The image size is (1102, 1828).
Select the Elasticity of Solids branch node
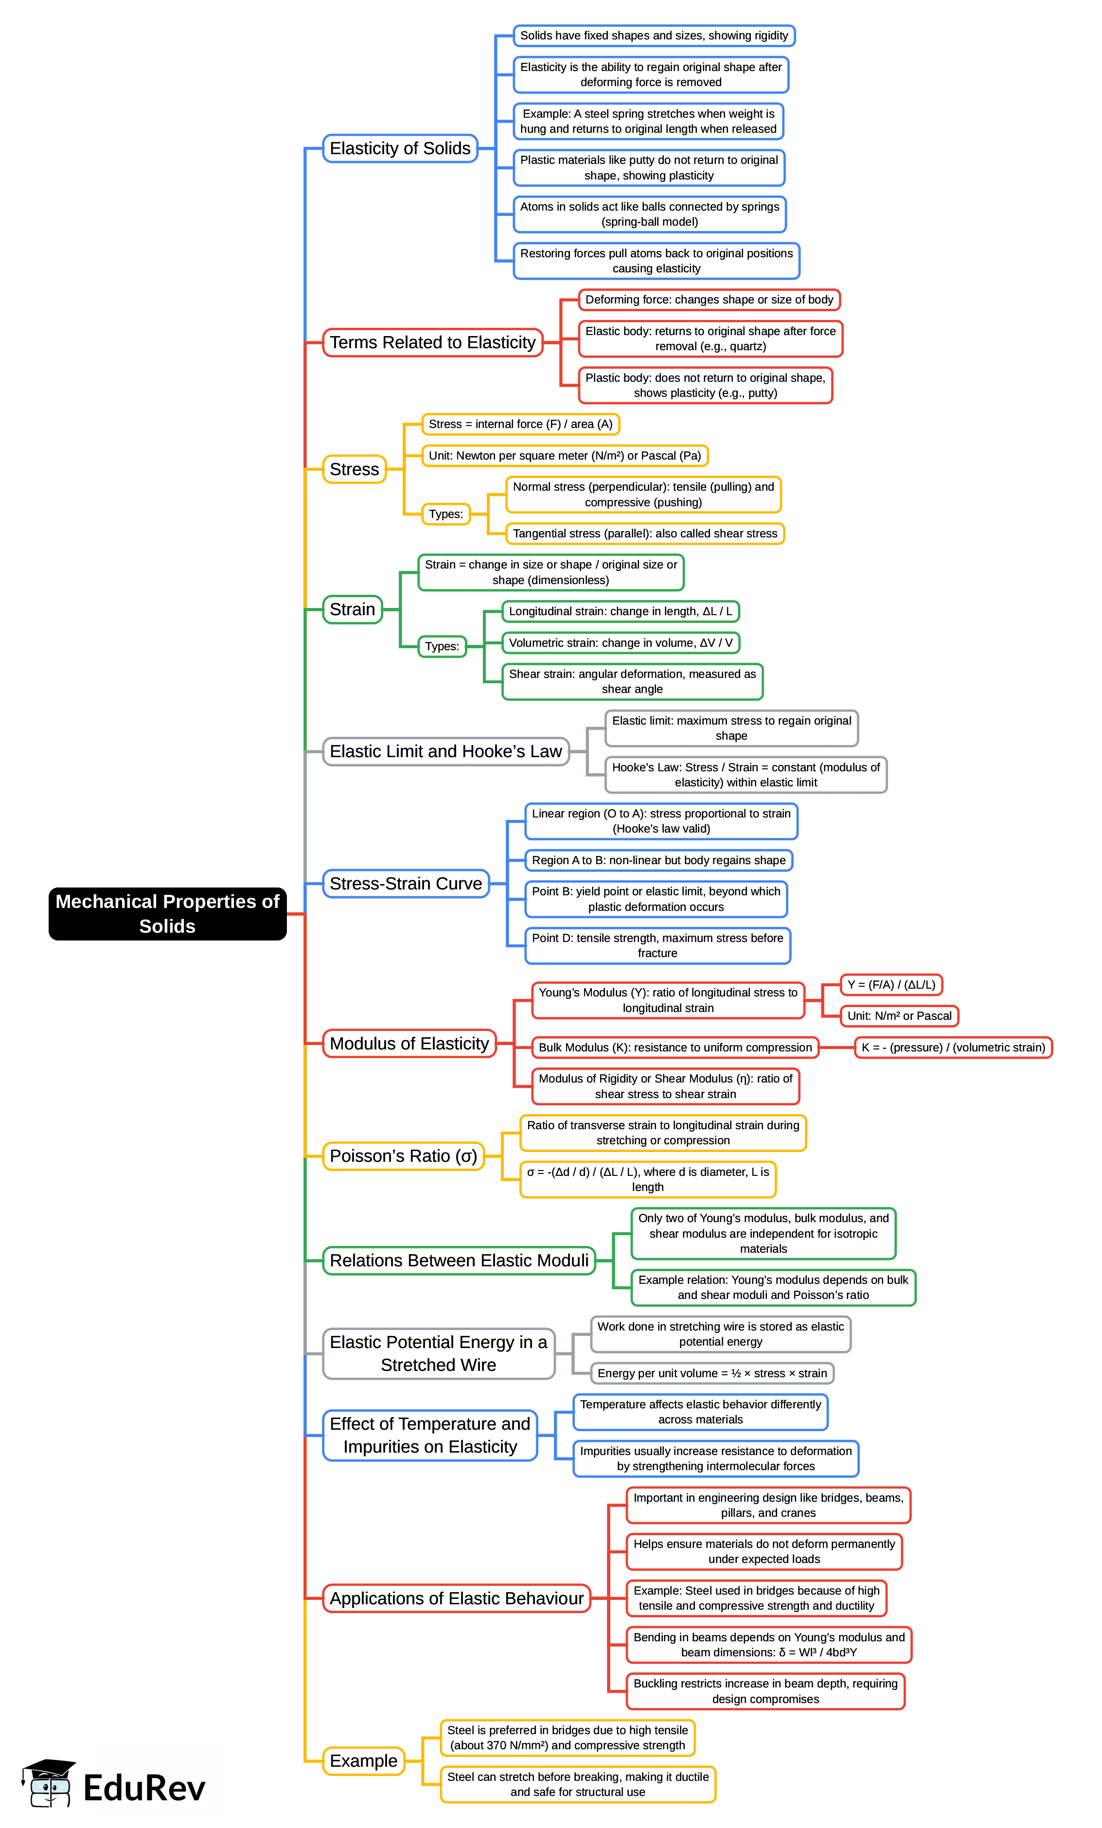coord(399,148)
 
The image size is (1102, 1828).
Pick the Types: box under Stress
coord(445,514)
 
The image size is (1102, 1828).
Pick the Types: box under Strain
coord(442,646)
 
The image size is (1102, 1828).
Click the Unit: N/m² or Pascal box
coord(899,1016)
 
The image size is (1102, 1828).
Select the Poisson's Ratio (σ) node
coord(403,1156)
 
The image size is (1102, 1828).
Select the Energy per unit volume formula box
coord(711,1373)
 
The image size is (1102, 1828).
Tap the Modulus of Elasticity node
coord(409,1043)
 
